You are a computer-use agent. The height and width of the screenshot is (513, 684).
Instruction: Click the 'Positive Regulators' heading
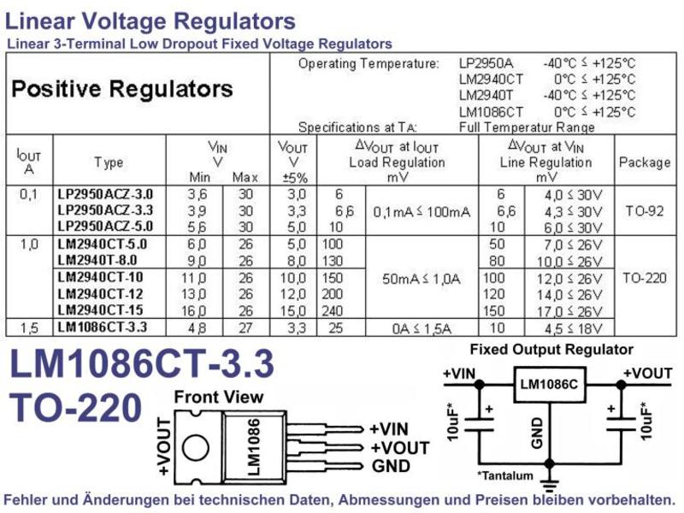pos(122,89)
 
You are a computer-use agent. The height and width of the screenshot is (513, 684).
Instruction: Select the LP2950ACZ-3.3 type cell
pos(105,210)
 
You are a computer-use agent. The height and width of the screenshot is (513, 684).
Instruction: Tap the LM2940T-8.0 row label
pos(97,261)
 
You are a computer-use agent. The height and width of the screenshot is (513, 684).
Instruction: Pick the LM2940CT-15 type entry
pos(100,310)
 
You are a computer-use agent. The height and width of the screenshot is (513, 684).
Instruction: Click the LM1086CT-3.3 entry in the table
pos(103,327)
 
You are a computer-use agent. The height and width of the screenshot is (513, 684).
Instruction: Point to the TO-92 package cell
pos(645,211)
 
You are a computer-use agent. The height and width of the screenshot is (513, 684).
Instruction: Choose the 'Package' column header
pos(645,162)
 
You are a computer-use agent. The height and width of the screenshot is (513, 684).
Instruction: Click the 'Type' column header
pos(109,162)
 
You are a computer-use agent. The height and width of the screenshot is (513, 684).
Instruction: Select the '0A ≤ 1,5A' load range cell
pos(422,328)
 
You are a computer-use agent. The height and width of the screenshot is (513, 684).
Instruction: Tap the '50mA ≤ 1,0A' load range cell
pos(422,279)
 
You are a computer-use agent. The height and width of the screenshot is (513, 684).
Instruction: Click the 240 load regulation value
pos(333,310)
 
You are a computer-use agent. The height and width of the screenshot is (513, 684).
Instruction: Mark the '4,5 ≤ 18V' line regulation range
pos(573,328)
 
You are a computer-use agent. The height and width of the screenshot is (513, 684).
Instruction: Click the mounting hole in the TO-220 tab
pos(195,448)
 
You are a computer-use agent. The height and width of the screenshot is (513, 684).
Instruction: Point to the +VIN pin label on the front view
pos(389,429)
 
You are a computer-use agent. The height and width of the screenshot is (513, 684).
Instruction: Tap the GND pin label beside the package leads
pos(391,466)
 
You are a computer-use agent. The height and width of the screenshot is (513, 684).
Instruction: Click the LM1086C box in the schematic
pos(549,384)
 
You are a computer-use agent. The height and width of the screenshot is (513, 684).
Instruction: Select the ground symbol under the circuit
pos(550,485)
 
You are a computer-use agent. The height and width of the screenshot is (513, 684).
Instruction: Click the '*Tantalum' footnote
pos(505,475)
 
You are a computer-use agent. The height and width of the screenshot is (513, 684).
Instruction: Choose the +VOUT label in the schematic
pos(647,374)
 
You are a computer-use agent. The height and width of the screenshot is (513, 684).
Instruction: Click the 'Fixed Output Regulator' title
pos(551,350)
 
